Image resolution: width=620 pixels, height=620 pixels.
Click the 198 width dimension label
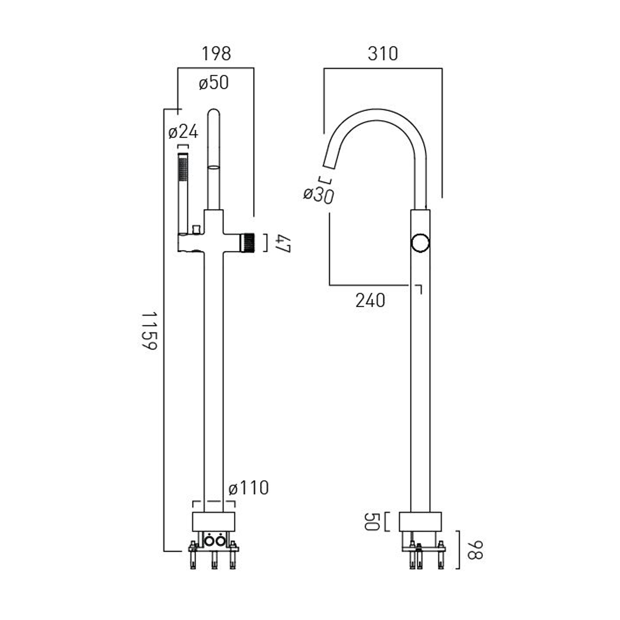pyautogui.click(x=216, y=54)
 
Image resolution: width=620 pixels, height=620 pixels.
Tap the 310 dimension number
pyautogui.click(x=383, y=54)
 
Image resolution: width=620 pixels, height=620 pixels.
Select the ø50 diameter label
pyautogui.click(x=213, y=83)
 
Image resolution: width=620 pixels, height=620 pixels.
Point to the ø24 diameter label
pyautogui.click(x=183, y=132)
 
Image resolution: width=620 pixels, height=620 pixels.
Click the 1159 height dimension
pyautogui.click(x=149, y=331)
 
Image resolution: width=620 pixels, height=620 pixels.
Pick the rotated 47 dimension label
pyautogui.click(x=284, y=243)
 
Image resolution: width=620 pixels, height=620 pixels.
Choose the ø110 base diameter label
pyautogui.click(x=248, y=488)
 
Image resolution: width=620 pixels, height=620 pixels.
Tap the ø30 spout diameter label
pyautogui.click(x=318, y=195)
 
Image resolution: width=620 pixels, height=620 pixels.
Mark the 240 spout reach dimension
pyautogui.click(x=370, y=300)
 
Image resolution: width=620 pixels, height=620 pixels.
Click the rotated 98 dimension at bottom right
pyautogui.click(x=475, y=550)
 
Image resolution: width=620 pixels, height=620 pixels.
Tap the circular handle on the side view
pyautogui.click(x=420, y=243)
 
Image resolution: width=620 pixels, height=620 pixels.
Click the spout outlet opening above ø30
pyautogui.click(x=329, y=165)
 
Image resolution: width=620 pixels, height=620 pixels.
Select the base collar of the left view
pyautogui.click(x=214, y=522)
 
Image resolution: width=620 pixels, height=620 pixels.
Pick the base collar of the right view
pyautogui.click(x=420, y=522)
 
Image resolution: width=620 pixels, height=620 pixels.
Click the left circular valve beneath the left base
pyautogui.click(x=210, y=540)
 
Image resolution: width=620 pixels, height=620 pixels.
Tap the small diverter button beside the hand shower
pyautogui.click(x=196, y=229)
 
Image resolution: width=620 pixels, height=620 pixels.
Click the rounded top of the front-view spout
pyautogui.click(x=214, y=114)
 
